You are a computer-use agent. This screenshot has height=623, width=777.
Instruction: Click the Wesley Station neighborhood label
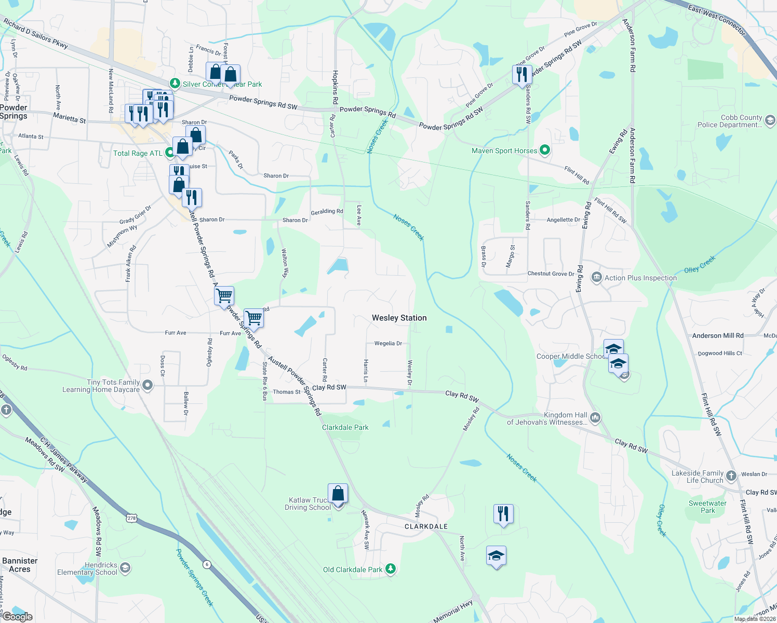coord(399,318)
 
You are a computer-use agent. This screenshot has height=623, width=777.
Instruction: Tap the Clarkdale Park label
coord(345,427)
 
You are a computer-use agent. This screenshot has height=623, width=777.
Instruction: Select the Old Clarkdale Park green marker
coord(391,569)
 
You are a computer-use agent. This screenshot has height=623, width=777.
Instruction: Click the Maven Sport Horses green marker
coord(544,151)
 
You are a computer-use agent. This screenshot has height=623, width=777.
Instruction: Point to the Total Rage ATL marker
coord(169,153)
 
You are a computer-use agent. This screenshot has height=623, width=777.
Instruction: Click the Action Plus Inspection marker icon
coord(596,278)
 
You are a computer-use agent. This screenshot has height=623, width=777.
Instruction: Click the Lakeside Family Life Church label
coord(697,477)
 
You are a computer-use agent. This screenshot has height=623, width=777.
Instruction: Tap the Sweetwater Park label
coord(707,507)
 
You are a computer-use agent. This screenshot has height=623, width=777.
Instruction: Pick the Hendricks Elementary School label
coord(87,568)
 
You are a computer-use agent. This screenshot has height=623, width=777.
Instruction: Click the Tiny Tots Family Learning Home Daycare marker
coord(148,385)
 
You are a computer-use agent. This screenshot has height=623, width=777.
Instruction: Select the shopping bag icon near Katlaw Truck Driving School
coord(338,493)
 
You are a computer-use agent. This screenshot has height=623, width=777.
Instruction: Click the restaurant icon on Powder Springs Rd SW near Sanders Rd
coord(522,74)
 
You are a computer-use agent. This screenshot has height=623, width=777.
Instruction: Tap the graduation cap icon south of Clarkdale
coord(496,556)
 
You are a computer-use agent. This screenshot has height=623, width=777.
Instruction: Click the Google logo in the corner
coord(17,616)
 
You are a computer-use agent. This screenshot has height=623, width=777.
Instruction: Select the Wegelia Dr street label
coord(388,343)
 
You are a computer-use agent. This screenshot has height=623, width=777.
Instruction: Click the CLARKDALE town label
coord(426,526)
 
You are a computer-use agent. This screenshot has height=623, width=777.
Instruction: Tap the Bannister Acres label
coord(20,565)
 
